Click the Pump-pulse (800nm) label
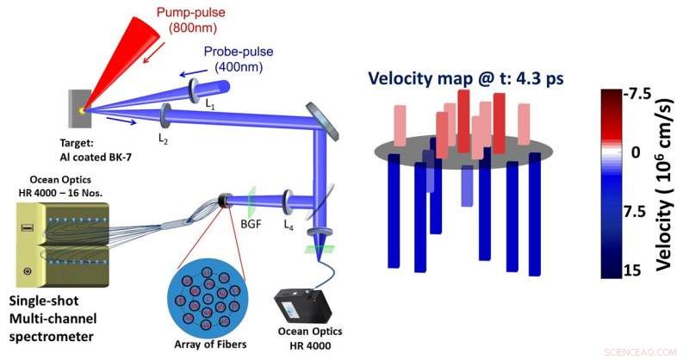191,19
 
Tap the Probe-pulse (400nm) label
239,59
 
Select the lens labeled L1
194,90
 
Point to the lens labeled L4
288,202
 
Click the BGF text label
251,224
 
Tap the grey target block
79,109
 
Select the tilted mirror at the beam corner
322,121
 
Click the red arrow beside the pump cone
155,53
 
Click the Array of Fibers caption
210,344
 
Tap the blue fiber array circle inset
208,298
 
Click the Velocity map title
466,78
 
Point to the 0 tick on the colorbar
636,152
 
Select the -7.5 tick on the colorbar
637,95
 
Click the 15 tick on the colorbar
632,270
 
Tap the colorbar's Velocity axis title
665,183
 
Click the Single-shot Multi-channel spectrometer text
53,319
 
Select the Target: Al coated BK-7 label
96,150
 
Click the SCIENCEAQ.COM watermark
641,352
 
